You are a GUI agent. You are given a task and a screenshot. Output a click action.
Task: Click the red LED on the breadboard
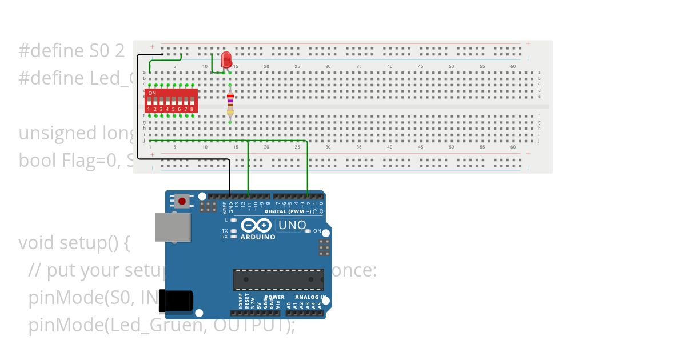pos(226,58)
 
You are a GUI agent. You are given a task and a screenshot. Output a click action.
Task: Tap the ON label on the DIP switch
pos(152,93)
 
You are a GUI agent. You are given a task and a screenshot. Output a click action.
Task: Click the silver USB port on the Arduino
pos(173,227)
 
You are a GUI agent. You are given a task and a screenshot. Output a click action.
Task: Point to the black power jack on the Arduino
pos(176,301)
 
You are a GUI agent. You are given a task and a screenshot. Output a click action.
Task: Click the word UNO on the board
pos(292,225)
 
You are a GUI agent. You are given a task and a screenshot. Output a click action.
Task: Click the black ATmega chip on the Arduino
pos(278,279)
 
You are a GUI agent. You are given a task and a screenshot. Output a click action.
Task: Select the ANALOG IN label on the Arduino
pos(312,297)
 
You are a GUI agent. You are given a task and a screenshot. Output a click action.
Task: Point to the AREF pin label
pos(225,207)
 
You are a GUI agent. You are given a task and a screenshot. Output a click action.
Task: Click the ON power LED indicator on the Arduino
pos(308,231)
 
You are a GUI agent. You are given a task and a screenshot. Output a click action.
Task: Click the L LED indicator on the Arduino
pos(233,220)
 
